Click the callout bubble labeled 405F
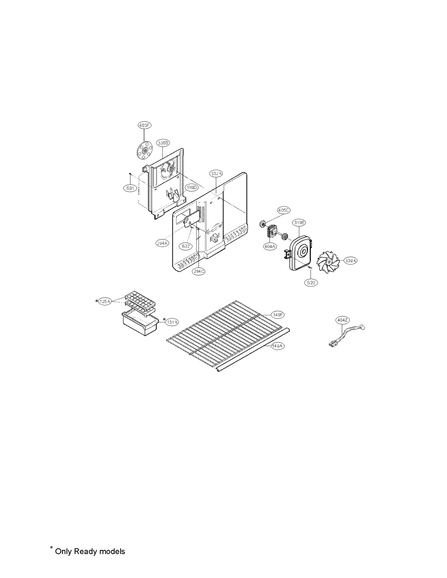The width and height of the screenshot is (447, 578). click(x=144, y=126)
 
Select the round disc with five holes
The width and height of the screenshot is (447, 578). click(x=144, y=151)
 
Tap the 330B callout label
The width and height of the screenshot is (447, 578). click(x=163, y=143)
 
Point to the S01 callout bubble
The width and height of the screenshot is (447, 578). click(x=130, y=188)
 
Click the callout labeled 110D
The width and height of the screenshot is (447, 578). click(x=192, y=188)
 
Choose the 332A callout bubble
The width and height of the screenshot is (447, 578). click(x=217, y=174)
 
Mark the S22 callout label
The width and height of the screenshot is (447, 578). click(x=186, y=246)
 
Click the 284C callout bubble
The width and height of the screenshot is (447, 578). click(x=199, y=271)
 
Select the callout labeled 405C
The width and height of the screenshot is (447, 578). click(x=283, y=210)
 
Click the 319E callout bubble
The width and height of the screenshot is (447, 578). click(x=299, y=222)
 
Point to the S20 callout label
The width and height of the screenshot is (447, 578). click(x=311, y=282)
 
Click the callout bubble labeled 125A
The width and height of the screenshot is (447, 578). click(x=105, y=301)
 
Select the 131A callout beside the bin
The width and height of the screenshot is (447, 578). click(x=172, y=322)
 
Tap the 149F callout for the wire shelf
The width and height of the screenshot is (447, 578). click(x=278, y=315)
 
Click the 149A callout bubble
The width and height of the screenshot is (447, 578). click(x=278, y=346)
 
